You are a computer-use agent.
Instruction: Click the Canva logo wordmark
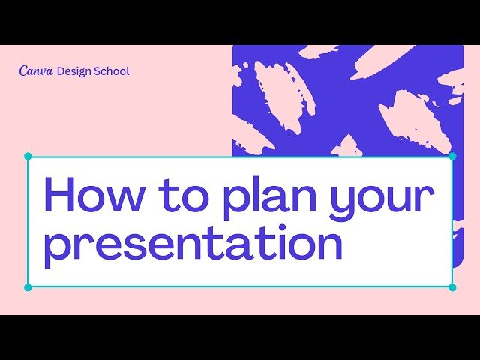pos(36,70)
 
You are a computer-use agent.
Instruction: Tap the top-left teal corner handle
pos(28,157)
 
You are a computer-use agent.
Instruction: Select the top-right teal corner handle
pos(452,157)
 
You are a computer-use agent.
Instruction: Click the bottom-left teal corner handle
pos(28,287)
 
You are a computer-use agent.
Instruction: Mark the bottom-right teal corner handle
pos(452,287)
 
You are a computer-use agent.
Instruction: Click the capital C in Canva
pos(23,70)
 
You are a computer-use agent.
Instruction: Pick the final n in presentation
pos(329,247)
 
